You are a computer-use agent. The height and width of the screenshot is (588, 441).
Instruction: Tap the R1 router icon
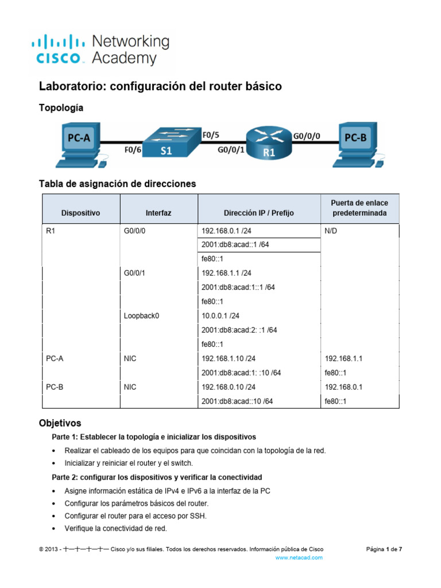tap(269, 144)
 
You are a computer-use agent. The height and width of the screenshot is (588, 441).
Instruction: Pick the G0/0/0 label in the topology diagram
tap(307, 137)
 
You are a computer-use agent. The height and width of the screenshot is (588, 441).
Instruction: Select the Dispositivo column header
tap(80, 212)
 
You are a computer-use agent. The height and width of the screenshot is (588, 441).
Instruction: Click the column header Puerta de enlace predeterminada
tap(359, 208)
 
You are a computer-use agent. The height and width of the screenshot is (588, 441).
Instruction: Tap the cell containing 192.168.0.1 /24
tap(226, 230)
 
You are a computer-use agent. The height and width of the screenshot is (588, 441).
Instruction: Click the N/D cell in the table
tap(332, 230)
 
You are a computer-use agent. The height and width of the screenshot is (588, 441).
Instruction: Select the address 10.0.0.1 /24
tap(220, 315)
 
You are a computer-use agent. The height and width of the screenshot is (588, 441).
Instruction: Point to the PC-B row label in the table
tap(55, 387)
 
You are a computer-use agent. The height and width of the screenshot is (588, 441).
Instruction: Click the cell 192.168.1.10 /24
tap(229, 358)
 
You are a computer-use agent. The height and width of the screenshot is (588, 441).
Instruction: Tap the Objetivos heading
tap(60, 423)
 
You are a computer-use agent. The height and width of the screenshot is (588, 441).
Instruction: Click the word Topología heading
tap(61, 107)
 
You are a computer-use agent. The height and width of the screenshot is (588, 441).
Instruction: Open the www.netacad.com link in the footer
tap(299, 557)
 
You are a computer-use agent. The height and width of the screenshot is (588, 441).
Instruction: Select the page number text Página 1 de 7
tap(384, 549)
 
